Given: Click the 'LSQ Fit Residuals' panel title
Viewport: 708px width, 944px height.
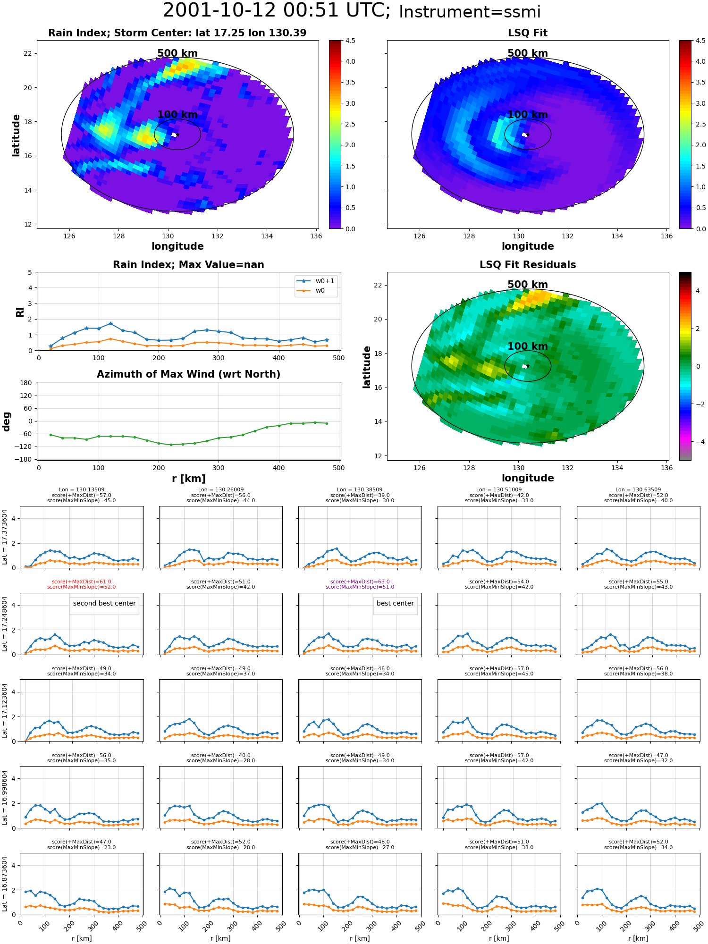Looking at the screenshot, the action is (x=528, y=265).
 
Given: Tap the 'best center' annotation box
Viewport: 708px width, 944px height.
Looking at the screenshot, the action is (x=395, y=604).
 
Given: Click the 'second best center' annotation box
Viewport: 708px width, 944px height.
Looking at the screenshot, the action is (x=104, y=604).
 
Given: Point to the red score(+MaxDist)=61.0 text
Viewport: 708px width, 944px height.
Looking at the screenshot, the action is (x=82, y=582).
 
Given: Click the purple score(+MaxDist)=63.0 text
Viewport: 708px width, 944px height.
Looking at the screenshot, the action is (x=360, y=582).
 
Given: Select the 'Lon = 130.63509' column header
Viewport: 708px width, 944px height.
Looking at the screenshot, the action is (x=638, y=489).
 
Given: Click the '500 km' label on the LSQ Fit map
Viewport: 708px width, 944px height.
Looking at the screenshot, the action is (x=528, y=53).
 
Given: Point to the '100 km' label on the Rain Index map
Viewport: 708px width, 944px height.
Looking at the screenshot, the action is (x=177, y=115).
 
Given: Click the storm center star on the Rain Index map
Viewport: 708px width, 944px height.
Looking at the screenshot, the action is (x=177, y=135).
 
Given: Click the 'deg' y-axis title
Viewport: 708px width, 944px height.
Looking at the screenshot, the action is (x=7, y=421).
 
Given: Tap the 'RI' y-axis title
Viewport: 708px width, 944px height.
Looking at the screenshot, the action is (x=20, y=312).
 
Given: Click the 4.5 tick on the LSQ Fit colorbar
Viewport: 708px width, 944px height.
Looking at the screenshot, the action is (x=700, y=41).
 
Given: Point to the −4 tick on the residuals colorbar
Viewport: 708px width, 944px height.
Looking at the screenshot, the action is (x=696, y=442).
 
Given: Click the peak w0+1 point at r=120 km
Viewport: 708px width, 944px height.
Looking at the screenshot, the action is (x=110, y=323).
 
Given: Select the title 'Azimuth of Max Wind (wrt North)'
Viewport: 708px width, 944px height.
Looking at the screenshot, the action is (x=188, y=374).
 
